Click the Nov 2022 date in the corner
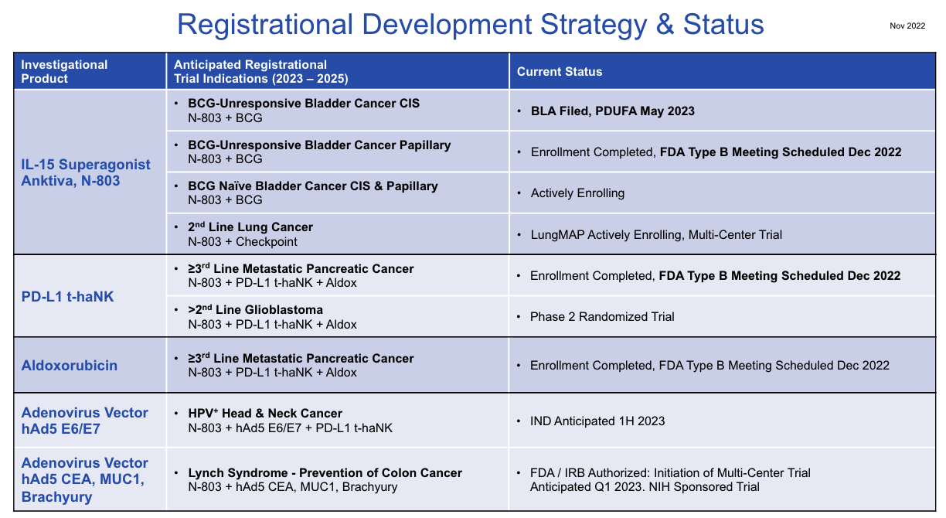click(x=907, y=26)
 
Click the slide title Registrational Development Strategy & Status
click(x=470, y=25)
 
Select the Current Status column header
click(x=559, y=72)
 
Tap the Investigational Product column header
click(x=64, y=72)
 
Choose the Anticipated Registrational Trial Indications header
click(x=260, y=72)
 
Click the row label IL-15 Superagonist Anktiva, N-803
click(x=86, y=172)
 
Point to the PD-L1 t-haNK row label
click(x=67, y=296)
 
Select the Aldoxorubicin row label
click(x=70, y=366)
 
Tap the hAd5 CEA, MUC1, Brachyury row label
click(x=84, y=479)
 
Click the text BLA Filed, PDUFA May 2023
click(x=612, y=111)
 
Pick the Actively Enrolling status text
click(x=577, y=193)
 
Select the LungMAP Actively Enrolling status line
click(x=656, y=234)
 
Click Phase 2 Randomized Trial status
click(x=601, y=317)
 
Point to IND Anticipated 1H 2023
click(x=597, y=421)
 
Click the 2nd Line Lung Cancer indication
click(x=250, y=227)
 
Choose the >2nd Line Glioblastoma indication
click(x=255, y=310)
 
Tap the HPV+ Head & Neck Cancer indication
click(x=264, y=414)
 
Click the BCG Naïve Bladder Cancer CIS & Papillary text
click(x=312, y=186)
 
